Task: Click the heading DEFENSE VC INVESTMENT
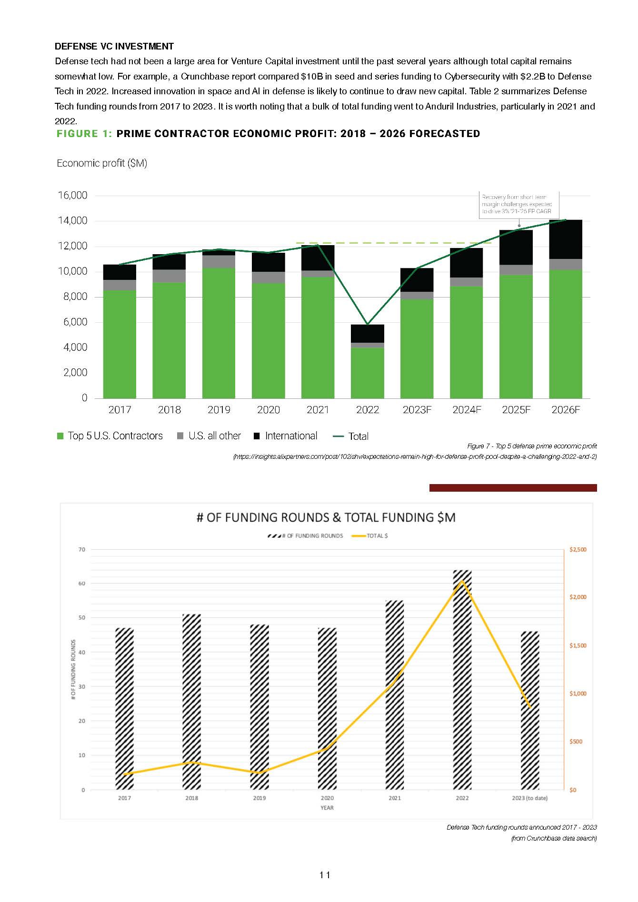click(114, 46)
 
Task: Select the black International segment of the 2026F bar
click(565, 239)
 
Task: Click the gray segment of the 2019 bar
click(219, 261)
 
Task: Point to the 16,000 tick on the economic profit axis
click(72, 195)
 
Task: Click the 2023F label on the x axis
click(417, 410)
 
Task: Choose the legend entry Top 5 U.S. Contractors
click(110, 436)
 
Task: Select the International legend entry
click(286, 436)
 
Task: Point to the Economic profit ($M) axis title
click(102, 163)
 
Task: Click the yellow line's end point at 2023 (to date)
click(529, 707)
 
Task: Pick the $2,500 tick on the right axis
click(578, 549)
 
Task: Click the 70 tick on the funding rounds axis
click(82, 549)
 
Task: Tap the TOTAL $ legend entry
click(370, 536)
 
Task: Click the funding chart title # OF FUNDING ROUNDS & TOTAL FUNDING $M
click(326, 517)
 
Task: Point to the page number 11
click(325, 875)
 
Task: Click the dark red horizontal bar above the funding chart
click(513, 487)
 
